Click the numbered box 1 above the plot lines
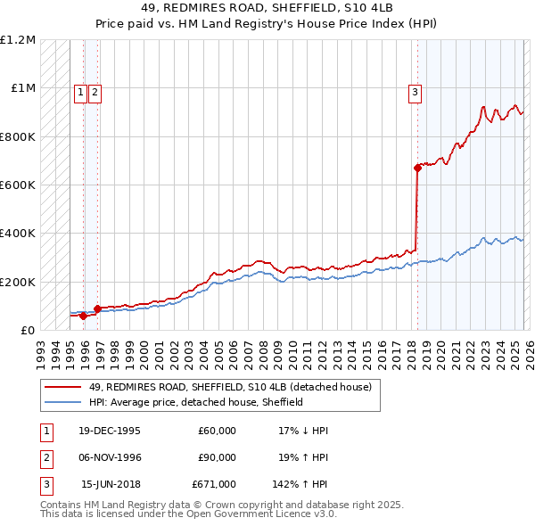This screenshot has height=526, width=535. [80, 90]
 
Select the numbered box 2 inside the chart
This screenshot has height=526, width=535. [95, 90]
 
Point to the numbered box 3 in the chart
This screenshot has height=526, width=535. [416, 90]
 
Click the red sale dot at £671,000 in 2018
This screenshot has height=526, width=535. [417, 168]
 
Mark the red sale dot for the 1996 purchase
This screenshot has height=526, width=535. [96, 308]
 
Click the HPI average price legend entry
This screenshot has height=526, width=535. [196, 402]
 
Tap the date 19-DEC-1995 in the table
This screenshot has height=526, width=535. [111, 431]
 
